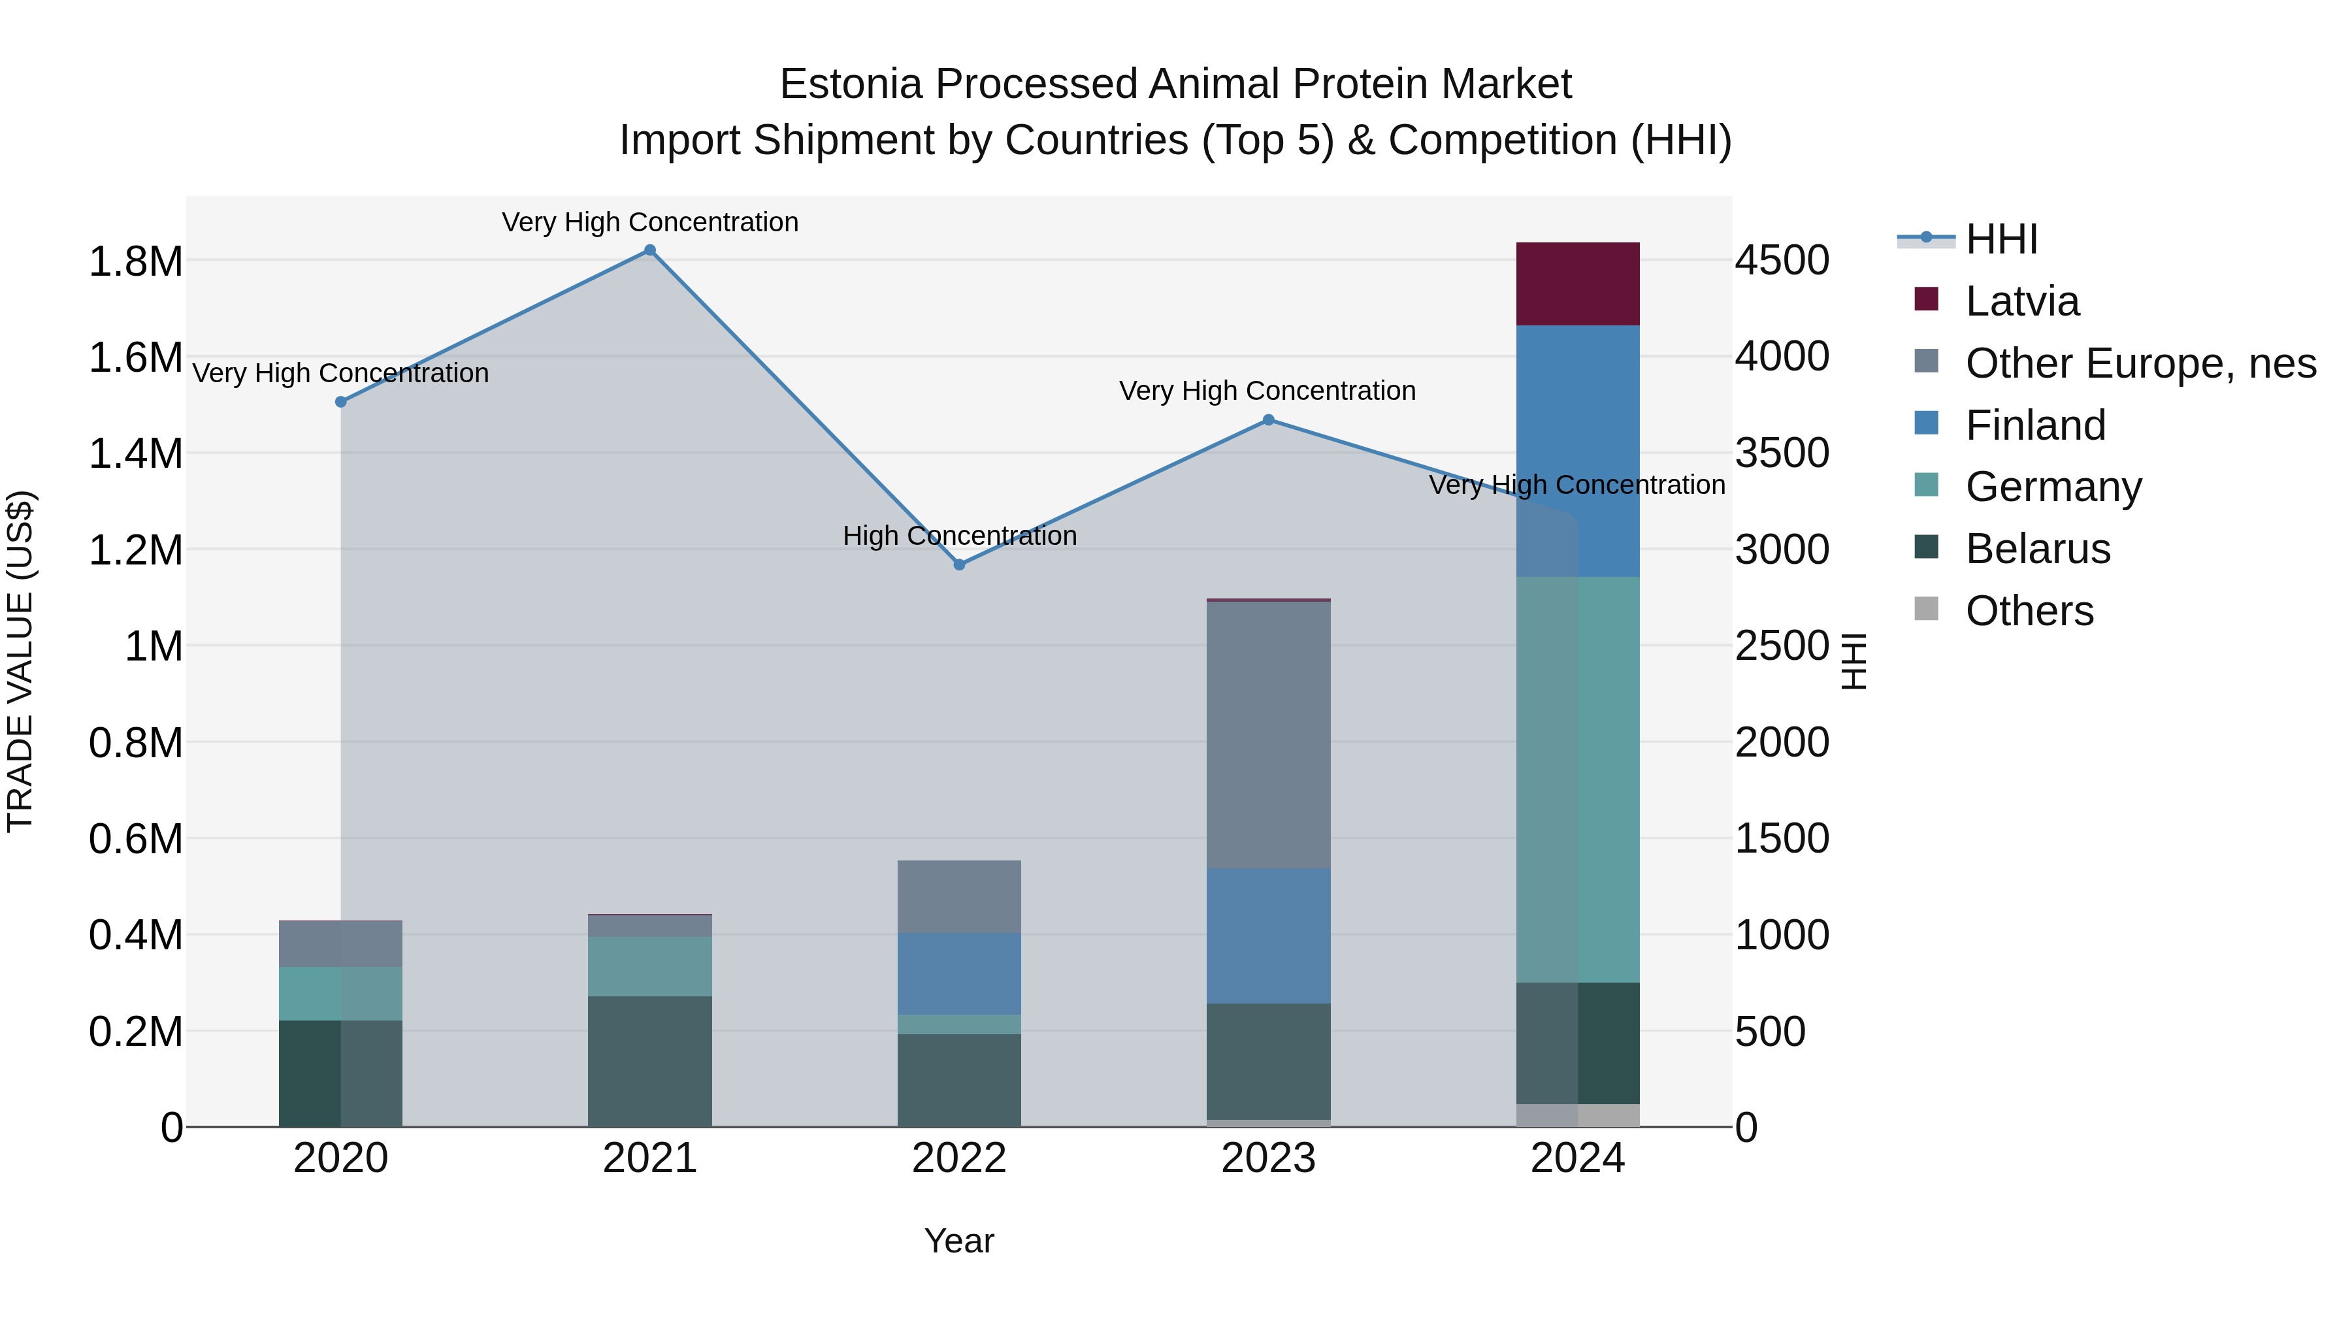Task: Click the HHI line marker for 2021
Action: click(x=650, y=250)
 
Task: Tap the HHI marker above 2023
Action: click(x=1268, y=420)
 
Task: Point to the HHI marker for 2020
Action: click(x=340, y=402)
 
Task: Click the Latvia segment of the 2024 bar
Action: click(x=1578, y=284)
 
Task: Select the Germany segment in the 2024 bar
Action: click(x=1578, y=779)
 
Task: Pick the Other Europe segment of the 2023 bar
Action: click(x=1268, y=735)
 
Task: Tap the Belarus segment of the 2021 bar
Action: click(x=650, y=1061)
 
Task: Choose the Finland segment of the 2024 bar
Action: click(x=1578, y=451)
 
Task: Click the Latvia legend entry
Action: click(x=2021, y=301)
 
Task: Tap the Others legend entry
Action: click(x=2029, y=611)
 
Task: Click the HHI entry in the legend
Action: click(x=2001, y=239)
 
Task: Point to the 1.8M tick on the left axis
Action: click(x=135, y=262)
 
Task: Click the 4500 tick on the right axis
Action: click(x=1782, y=261)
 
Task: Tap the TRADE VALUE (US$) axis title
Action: click(x=21, y=661)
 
